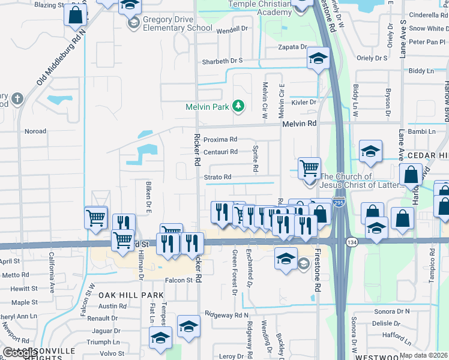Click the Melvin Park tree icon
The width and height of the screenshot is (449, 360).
[x=239, y=106]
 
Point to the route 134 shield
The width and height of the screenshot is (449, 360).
[x=352, y=241]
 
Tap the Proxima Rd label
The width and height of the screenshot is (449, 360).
[x=220, y=139]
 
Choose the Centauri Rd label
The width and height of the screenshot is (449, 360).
[x=220, y=152]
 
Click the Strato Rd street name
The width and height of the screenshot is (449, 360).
[x=217, y=177]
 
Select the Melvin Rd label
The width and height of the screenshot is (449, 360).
[x=299, y=123]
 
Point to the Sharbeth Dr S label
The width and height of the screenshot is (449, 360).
[x=222, y=61]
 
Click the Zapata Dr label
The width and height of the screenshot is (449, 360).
[x=292, y=47]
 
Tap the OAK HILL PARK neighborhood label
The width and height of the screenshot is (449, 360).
[x=123, y=295]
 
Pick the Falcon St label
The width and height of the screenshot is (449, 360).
[x=178, y=280]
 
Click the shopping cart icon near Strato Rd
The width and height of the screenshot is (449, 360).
[x=309, y=167]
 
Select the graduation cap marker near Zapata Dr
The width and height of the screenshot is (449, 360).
[x=318, y=58]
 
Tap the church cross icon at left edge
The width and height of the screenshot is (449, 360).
[x=17, y=98]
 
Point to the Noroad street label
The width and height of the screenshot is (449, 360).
[x=35, y=131]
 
